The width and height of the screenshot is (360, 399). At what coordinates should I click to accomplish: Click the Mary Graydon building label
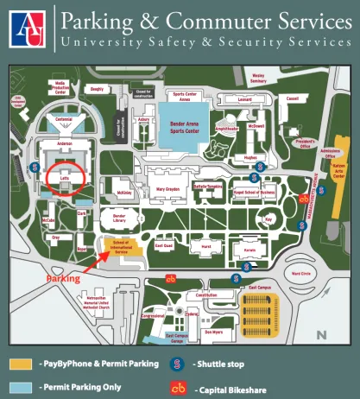[167, 187]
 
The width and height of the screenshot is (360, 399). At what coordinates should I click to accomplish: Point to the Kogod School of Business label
[256, 192]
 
